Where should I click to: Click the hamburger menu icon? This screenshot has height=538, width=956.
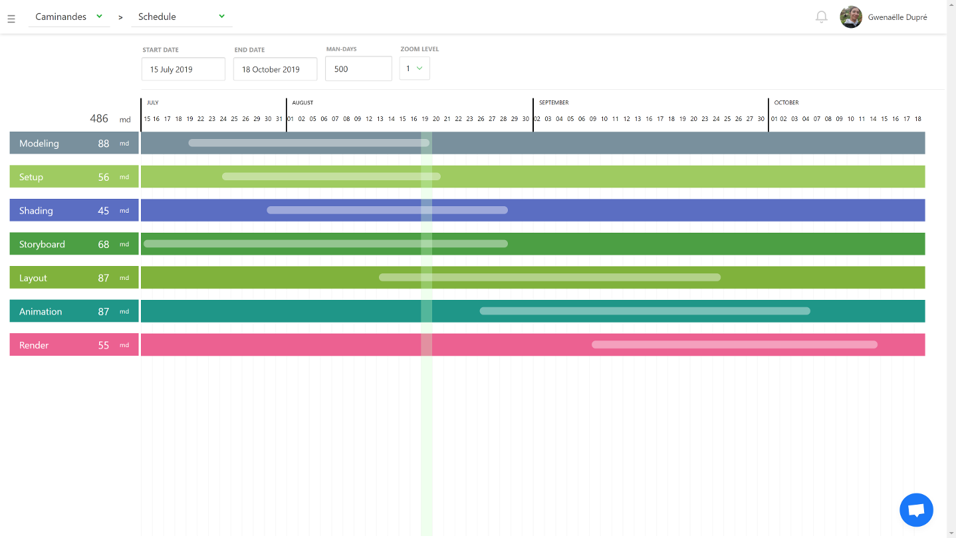(11, 19)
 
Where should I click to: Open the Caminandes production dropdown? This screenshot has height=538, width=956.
(69, 17)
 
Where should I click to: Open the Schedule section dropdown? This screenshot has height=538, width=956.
(181, 17)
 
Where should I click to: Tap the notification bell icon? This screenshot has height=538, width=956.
(822, 17)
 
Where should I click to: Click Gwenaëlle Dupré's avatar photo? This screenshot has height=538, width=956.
(851, 17)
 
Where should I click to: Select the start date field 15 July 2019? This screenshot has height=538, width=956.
(183, 69)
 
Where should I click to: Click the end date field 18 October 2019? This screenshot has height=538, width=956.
(275, 69)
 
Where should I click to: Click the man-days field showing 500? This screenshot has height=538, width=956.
(358, 69)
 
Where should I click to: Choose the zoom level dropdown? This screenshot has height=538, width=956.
(414, 68)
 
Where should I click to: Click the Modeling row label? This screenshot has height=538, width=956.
(39, 144)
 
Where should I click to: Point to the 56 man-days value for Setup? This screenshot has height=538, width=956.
(104, 177)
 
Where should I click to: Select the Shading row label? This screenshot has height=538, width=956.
(36, 211)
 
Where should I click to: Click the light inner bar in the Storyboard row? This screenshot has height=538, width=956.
(325, 244)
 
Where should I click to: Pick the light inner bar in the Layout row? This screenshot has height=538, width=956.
(549, 277)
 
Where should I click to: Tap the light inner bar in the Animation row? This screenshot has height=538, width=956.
(644, 311)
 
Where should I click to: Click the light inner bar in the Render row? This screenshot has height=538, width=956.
(734, 344)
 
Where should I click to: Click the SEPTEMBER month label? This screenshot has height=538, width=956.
(554, 103)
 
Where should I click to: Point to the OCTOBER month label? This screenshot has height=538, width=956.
(786, 103)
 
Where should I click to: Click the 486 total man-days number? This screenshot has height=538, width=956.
(99, 118)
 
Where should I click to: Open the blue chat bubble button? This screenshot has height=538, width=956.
(916, 510)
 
